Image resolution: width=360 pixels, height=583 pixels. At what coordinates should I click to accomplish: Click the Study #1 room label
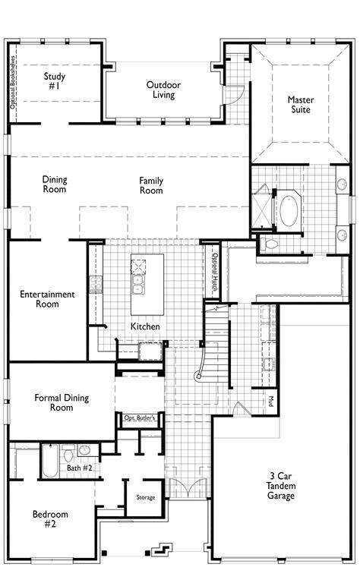click(x=54, y=81)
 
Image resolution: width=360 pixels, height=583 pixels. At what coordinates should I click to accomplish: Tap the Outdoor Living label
click(x=163, y=90)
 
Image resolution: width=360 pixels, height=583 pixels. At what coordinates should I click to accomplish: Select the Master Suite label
click(x=300, y=105)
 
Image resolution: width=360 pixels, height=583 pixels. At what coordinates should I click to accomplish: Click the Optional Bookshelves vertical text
click(x=14, y=83)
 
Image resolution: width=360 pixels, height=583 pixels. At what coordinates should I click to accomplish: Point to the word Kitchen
click(x=144, y=326)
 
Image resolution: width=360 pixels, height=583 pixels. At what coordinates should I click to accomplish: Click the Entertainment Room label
click(x=47, y=299)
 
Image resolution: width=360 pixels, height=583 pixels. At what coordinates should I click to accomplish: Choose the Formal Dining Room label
click(x=54, y=402)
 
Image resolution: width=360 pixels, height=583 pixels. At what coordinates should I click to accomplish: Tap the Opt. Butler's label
click(x=140, y=418)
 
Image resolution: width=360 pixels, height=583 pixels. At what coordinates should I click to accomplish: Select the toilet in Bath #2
click(x=67, y=455)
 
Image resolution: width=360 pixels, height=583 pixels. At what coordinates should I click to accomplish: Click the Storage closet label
click(x=146, y=497)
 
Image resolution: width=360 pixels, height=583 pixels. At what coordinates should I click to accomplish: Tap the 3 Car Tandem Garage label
click(x=281, y=487)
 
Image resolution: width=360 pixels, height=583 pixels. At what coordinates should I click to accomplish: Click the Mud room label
click(x=270, y=399)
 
